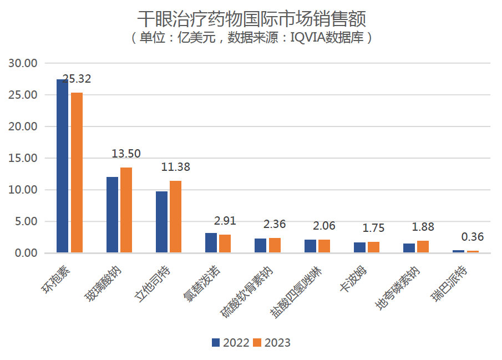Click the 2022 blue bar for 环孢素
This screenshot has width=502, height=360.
coord(62,166)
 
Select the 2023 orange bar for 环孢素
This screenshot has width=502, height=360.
coord(77,173)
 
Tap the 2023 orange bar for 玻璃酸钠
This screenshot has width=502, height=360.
coord(126,210)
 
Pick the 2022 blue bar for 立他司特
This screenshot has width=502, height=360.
coord(161,222)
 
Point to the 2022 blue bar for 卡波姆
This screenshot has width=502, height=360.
coord(359,247)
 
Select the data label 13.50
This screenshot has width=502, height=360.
coord(126,154)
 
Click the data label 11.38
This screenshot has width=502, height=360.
coord(175,167)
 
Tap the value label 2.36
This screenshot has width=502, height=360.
coord(275,224)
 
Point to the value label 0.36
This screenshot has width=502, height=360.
coord(473,237)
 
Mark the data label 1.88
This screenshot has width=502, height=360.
coord(423,227)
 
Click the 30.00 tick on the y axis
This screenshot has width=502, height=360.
coord(23,63)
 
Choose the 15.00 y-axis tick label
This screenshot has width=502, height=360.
coord(23,158)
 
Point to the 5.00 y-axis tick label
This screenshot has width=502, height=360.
coord(26,221)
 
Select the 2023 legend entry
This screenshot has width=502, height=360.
coord(271,342)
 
